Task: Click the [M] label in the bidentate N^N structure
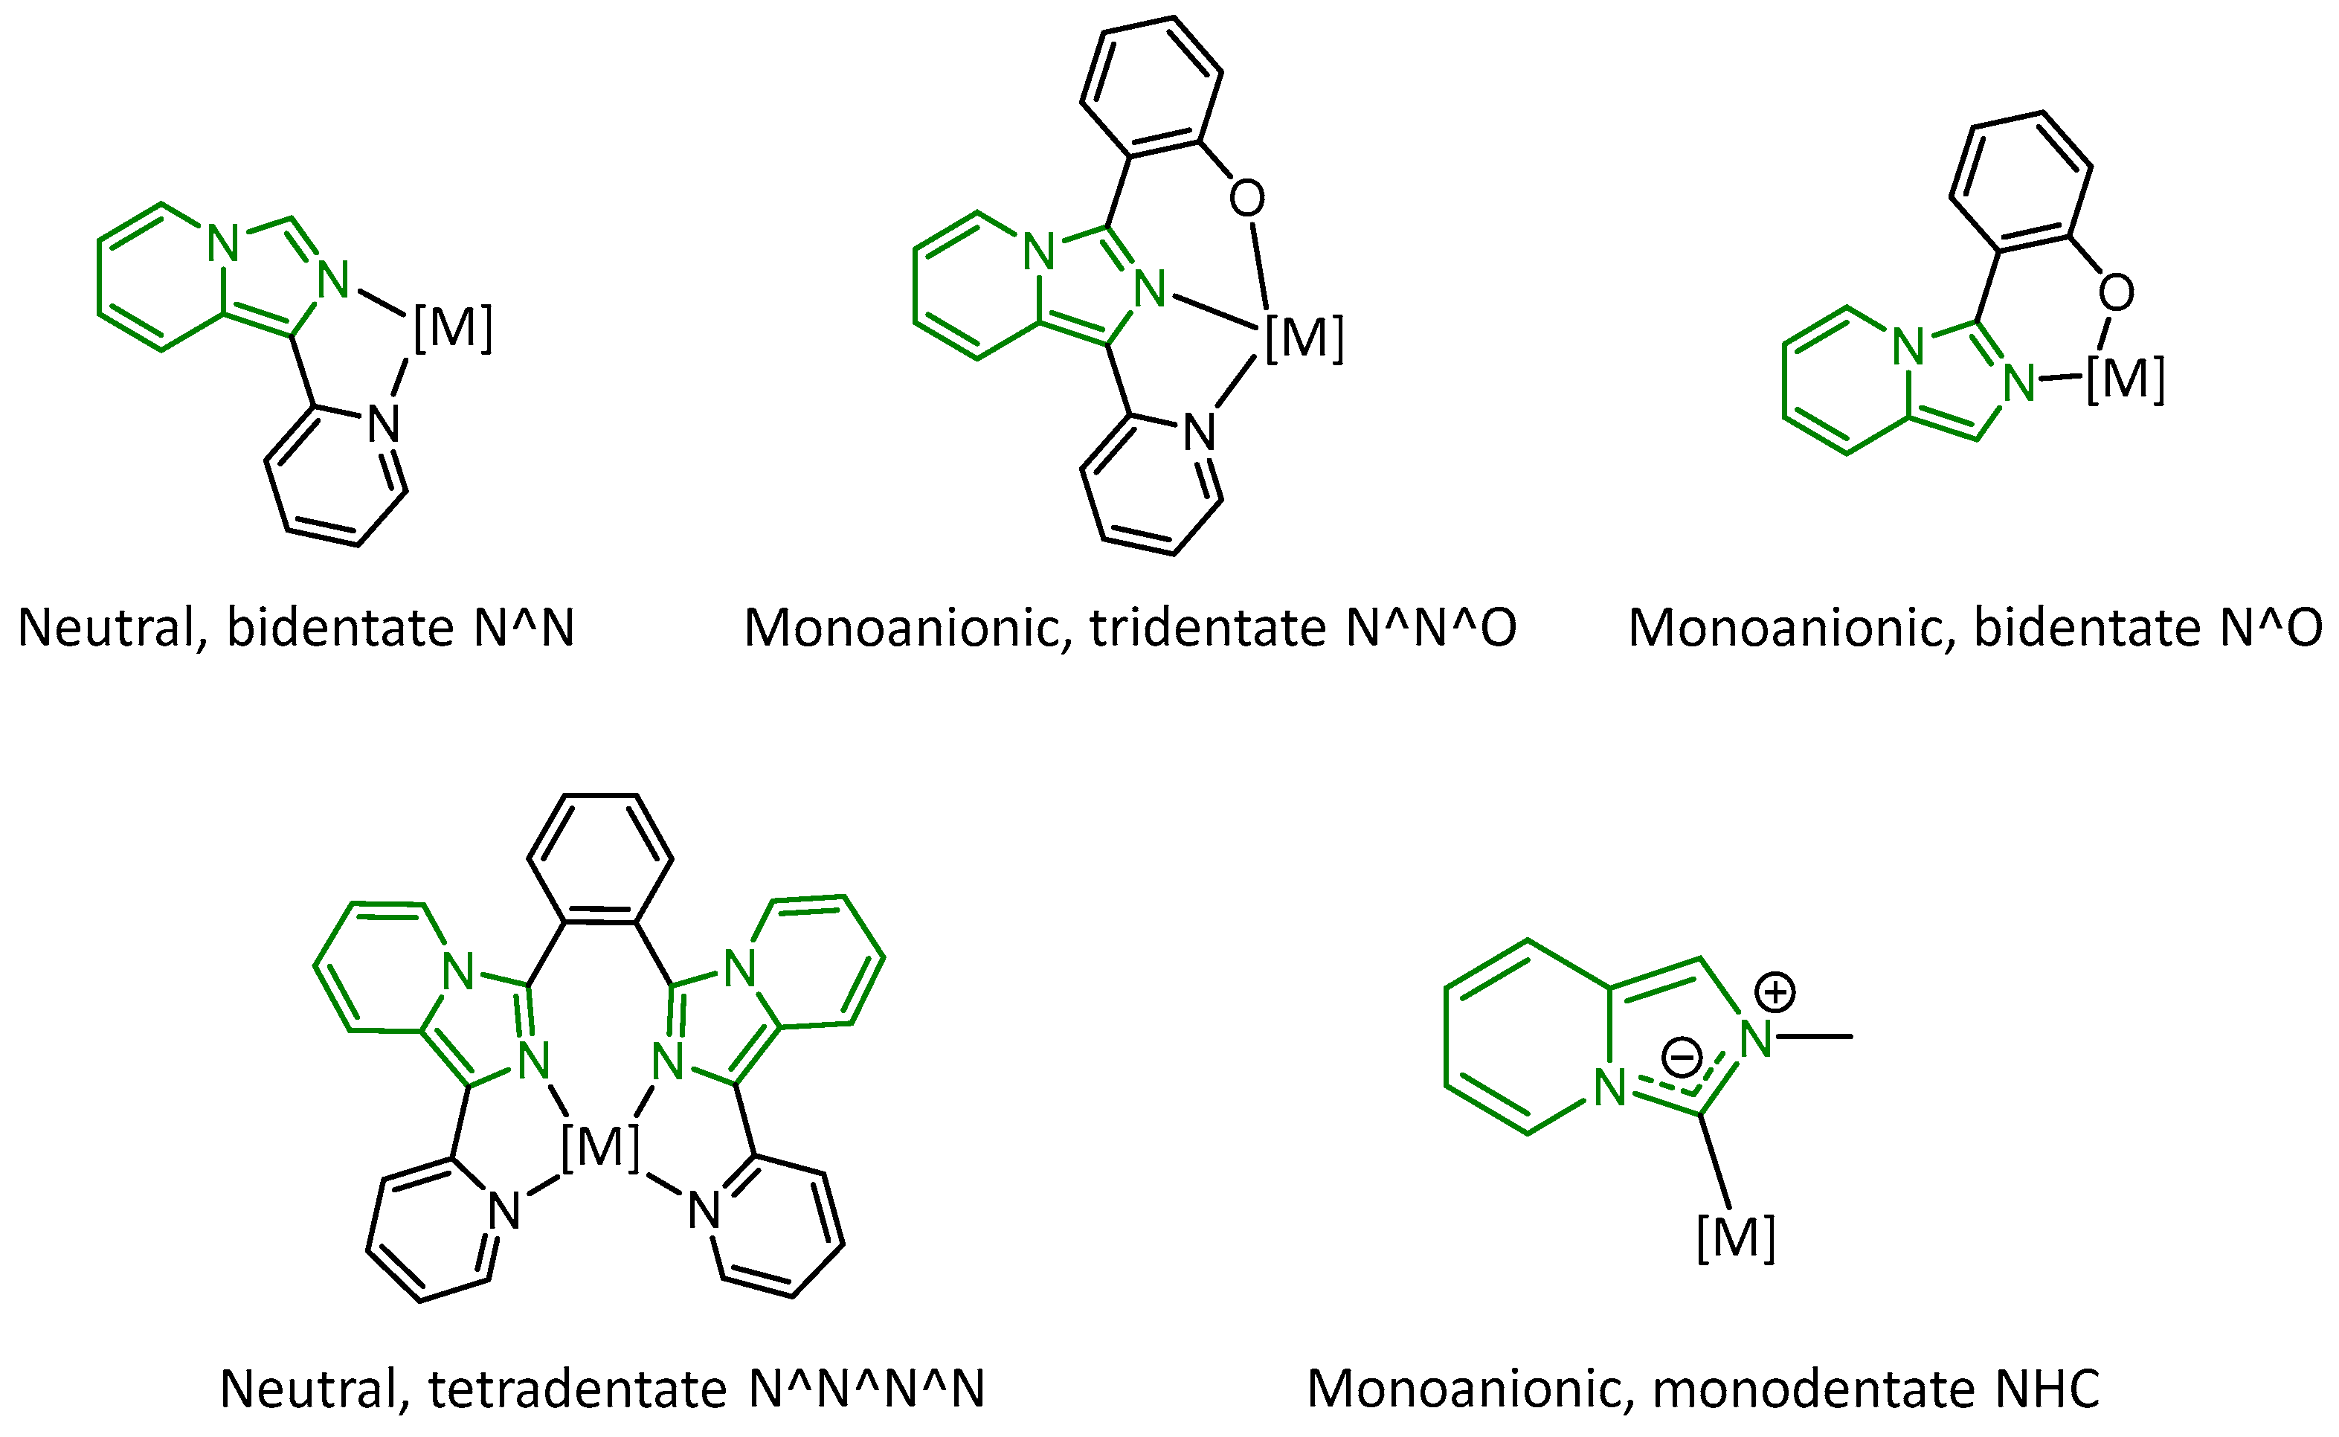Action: point(453,328)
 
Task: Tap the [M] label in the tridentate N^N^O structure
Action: point(1304,338)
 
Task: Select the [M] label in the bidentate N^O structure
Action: point(2126,379)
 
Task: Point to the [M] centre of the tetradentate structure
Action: point(600,1146)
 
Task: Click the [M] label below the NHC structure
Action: point(1736,1238)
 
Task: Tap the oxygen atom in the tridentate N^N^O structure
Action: point(1246,199)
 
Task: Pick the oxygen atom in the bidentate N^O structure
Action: point(2117,293)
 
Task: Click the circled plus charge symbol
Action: point(1775,992)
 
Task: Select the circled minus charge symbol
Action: point(1682,1057)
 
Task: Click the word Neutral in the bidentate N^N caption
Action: point(112,629)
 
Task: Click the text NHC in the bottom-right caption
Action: point(2047,1389)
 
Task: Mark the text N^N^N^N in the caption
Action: point(866,1389)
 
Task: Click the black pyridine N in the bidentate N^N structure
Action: point(384,425)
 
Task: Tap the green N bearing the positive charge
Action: point(1757,1040)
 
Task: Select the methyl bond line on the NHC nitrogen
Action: point(1815,1036)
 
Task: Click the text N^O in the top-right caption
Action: point(2271,629)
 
